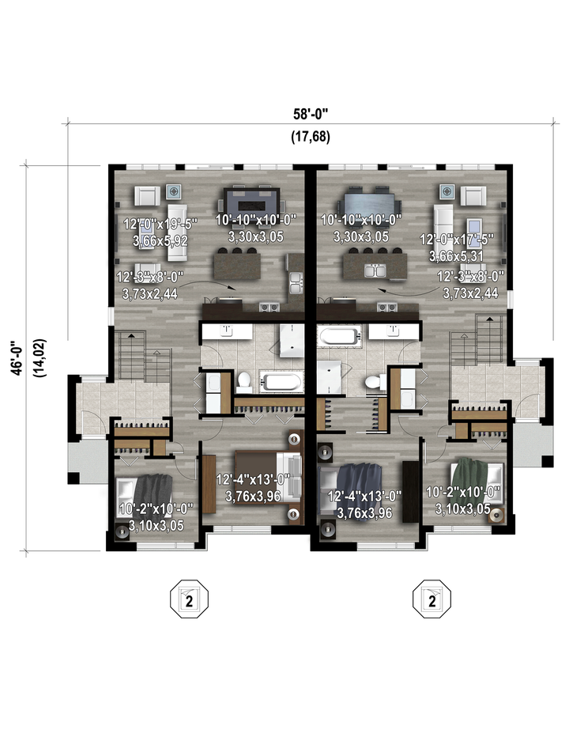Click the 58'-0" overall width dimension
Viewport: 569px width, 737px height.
pyautogui.click(x=310, y=114)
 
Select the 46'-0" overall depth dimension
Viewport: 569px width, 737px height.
pyautogui.click(x=17, y=358)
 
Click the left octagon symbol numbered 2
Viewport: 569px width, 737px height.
pyautogui.click(x=189, y=599)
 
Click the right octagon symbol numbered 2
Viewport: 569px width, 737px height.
pyautogui.click(x=431, y=599)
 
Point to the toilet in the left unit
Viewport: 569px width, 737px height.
pyautogui.click(x=244, y=382)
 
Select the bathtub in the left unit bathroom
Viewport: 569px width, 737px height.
pyautogui.click(x=281, y=382)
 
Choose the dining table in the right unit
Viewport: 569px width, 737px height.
pyautogui.click(x=369, y=203)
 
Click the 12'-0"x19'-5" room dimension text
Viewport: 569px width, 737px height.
pyautogui.click(x=160, y=224)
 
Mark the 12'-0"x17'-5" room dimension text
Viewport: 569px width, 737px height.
pyautogui.click(x=456, y=240)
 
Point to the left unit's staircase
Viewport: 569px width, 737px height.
pyautogui.click(x=144, y=357)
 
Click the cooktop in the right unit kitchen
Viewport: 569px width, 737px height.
pyautogui.click(x=388, y=308)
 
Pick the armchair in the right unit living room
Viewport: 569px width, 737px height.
pyautogui.click(x=473, y=195)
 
